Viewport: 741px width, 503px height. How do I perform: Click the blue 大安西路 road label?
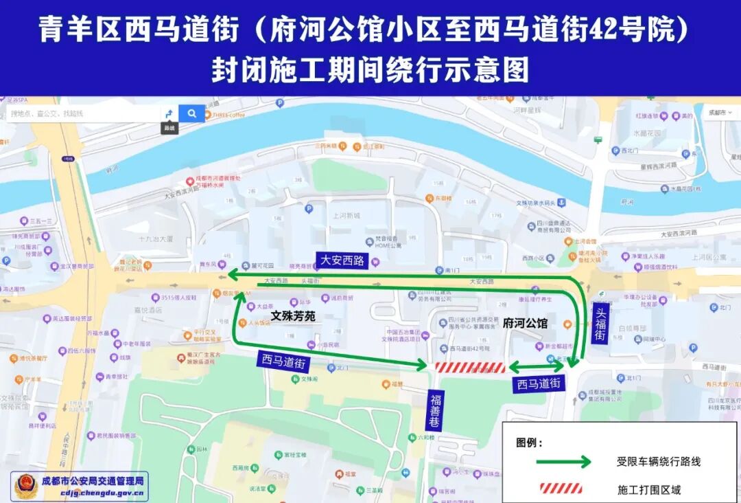coord(342,260)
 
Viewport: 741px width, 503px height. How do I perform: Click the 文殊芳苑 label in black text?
coord(292,315)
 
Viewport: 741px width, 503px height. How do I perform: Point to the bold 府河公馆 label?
coord(525,323)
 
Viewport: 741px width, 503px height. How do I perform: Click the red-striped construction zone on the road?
coord(471,368)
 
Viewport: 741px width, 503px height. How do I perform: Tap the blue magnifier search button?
coord(191,113)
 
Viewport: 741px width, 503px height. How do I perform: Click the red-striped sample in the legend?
coord(561,489)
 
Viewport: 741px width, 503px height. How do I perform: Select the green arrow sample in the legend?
coord(563,462)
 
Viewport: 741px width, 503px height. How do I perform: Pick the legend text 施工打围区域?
coord(649,489)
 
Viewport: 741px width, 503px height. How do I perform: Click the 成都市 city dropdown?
coord(720,112)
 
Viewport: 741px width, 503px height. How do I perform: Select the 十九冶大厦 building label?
coord(156,239)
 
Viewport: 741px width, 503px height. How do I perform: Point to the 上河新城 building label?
coord(347,215)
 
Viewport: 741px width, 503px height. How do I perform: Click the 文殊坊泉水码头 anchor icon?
coord(561,203)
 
